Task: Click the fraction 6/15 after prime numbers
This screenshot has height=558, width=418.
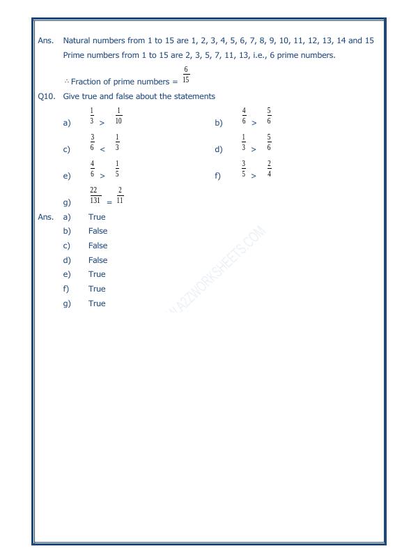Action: [186, 75]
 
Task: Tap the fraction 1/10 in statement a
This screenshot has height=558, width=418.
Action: [118, 116]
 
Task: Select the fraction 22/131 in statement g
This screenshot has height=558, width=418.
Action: [94, 195]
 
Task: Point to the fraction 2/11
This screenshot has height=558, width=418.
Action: [120, 195]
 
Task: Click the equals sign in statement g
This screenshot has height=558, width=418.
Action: [109, 202]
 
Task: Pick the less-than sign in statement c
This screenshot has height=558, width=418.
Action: [102, 149]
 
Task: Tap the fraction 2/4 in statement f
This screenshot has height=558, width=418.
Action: [269, 169]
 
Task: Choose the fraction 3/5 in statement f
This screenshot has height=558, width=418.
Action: [244, 169]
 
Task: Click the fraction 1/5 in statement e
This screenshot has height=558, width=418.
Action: [117, 169]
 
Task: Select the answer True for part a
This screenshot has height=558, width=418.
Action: [97, 217]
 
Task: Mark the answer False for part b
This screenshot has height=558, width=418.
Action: [98, 231]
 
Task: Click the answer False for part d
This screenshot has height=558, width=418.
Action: [98, 260]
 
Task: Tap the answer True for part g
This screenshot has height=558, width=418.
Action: [97, 303]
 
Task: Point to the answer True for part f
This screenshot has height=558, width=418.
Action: [97, 289]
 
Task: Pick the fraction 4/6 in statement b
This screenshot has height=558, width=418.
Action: [244, 116]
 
